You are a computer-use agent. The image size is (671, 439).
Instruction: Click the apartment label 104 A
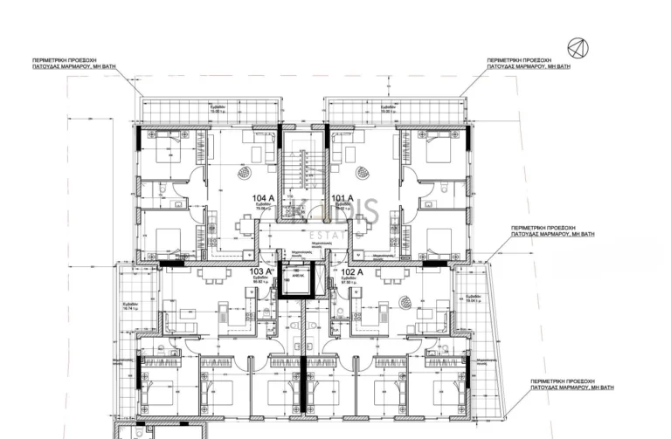coord(263,199)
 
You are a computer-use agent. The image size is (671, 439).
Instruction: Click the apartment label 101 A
coord(342,199)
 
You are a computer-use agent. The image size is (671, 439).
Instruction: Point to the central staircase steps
coord(303,171)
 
